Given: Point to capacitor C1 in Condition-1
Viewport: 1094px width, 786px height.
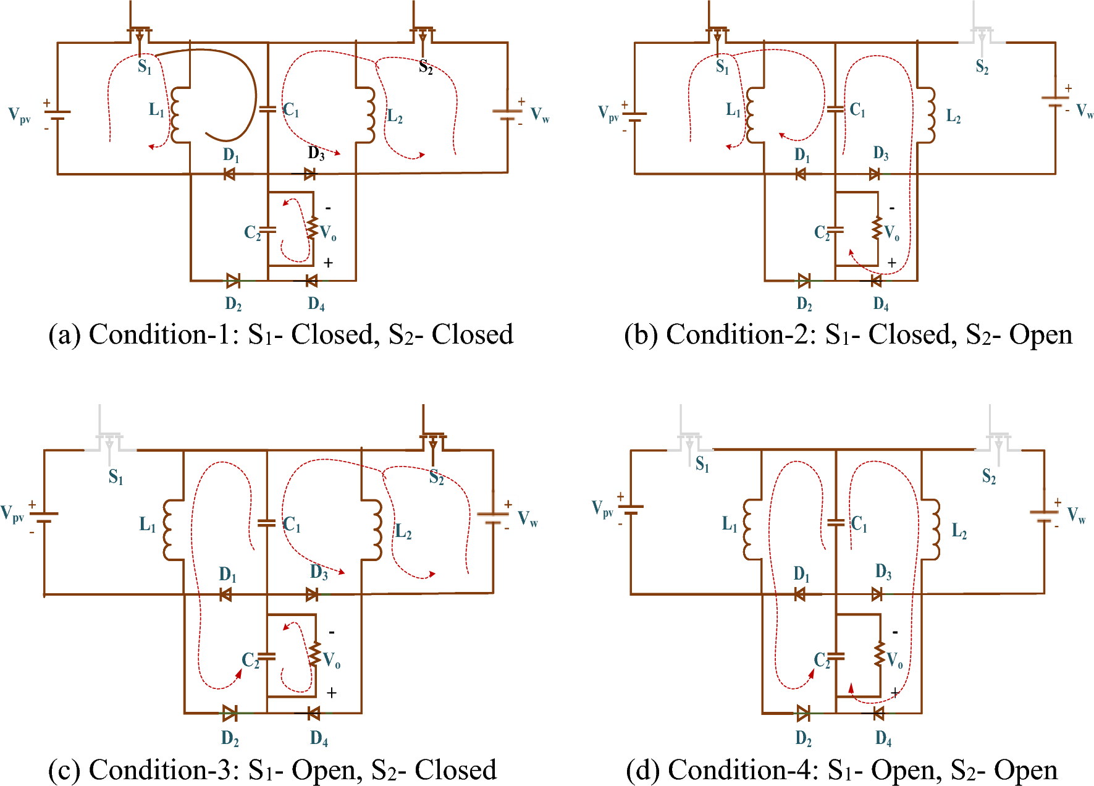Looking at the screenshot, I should tap(267, 109).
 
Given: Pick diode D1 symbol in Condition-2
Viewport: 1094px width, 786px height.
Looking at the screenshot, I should tap(801, 174).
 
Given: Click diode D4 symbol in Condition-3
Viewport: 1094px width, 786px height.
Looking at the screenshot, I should tap(313, 714).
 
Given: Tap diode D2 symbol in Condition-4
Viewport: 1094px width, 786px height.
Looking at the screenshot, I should tap(803, 714).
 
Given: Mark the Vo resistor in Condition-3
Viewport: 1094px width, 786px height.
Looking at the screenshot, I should tap(314, 654).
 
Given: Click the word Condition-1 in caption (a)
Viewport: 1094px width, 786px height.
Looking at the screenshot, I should tap(163, 335).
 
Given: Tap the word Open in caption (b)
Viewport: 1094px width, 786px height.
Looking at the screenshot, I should tap(1040, 335).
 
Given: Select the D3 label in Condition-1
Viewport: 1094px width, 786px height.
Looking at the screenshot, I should tap(316, 153).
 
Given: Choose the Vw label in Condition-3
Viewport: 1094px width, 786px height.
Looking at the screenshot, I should tap(528, 518).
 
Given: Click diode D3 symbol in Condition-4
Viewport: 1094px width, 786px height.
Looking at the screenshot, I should tap(877, 594).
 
